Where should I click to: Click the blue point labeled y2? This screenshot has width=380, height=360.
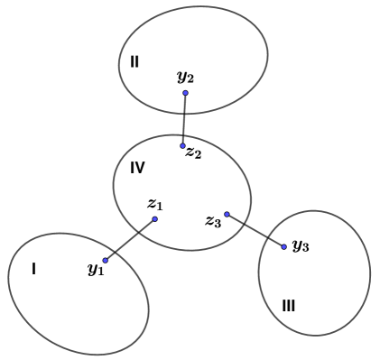pyautogui.click(x=185, y=93)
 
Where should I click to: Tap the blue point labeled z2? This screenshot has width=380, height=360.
pyautogui.click(x=182, y=145)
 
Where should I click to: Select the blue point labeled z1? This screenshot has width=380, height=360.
pyautogui.click(x=154, y=219)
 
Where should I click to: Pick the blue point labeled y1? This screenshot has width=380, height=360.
pyautogui.click(x=106, y=261)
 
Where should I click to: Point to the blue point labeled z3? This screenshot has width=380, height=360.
pyautogui.click(x=227, y=214)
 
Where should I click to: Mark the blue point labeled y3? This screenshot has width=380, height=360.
pyautogui.click(x=283, y=246)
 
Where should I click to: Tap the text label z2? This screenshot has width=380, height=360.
pyautogui.click(x=193, y=152)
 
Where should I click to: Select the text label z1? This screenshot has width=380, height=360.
pyautogui.click(x=154, y=205)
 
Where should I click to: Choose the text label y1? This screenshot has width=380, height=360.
pyautogui.click(x=96, y=269)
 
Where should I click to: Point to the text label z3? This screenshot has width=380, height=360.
pyautogui.click(x=213, y=221)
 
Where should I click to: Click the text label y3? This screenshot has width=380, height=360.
pyautogui.click(x=301, y=245)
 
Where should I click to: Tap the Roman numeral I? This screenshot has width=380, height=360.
pyautogui.click(x=33, y=268)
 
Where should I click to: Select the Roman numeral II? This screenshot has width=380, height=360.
pyautogui.click(x=134, y=61)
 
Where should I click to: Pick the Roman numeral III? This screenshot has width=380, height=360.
pyautogui.click(x=288, y=306)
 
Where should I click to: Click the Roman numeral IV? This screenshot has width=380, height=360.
pyautogui.click(x=137, y=168)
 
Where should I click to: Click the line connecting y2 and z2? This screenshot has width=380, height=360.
pyautogui.click(x=184, y=119)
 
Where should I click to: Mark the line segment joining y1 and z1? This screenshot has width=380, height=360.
pyautogui.click(x=130, y=240)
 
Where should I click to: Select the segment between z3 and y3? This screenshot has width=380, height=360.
pyautogui.click(x=255, y=230)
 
